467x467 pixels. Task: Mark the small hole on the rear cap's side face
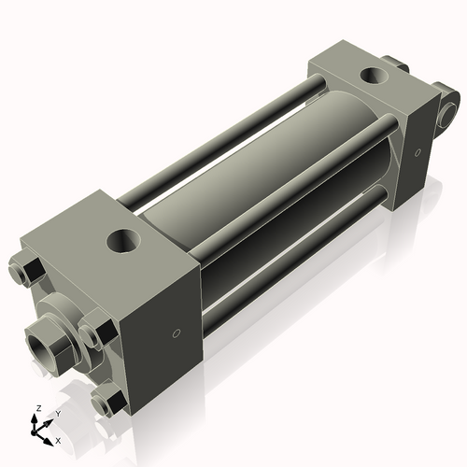(420, 149)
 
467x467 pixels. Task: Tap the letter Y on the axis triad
(57, 413)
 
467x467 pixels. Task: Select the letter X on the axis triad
(58, 439)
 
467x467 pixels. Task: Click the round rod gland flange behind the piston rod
(65, 308)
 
